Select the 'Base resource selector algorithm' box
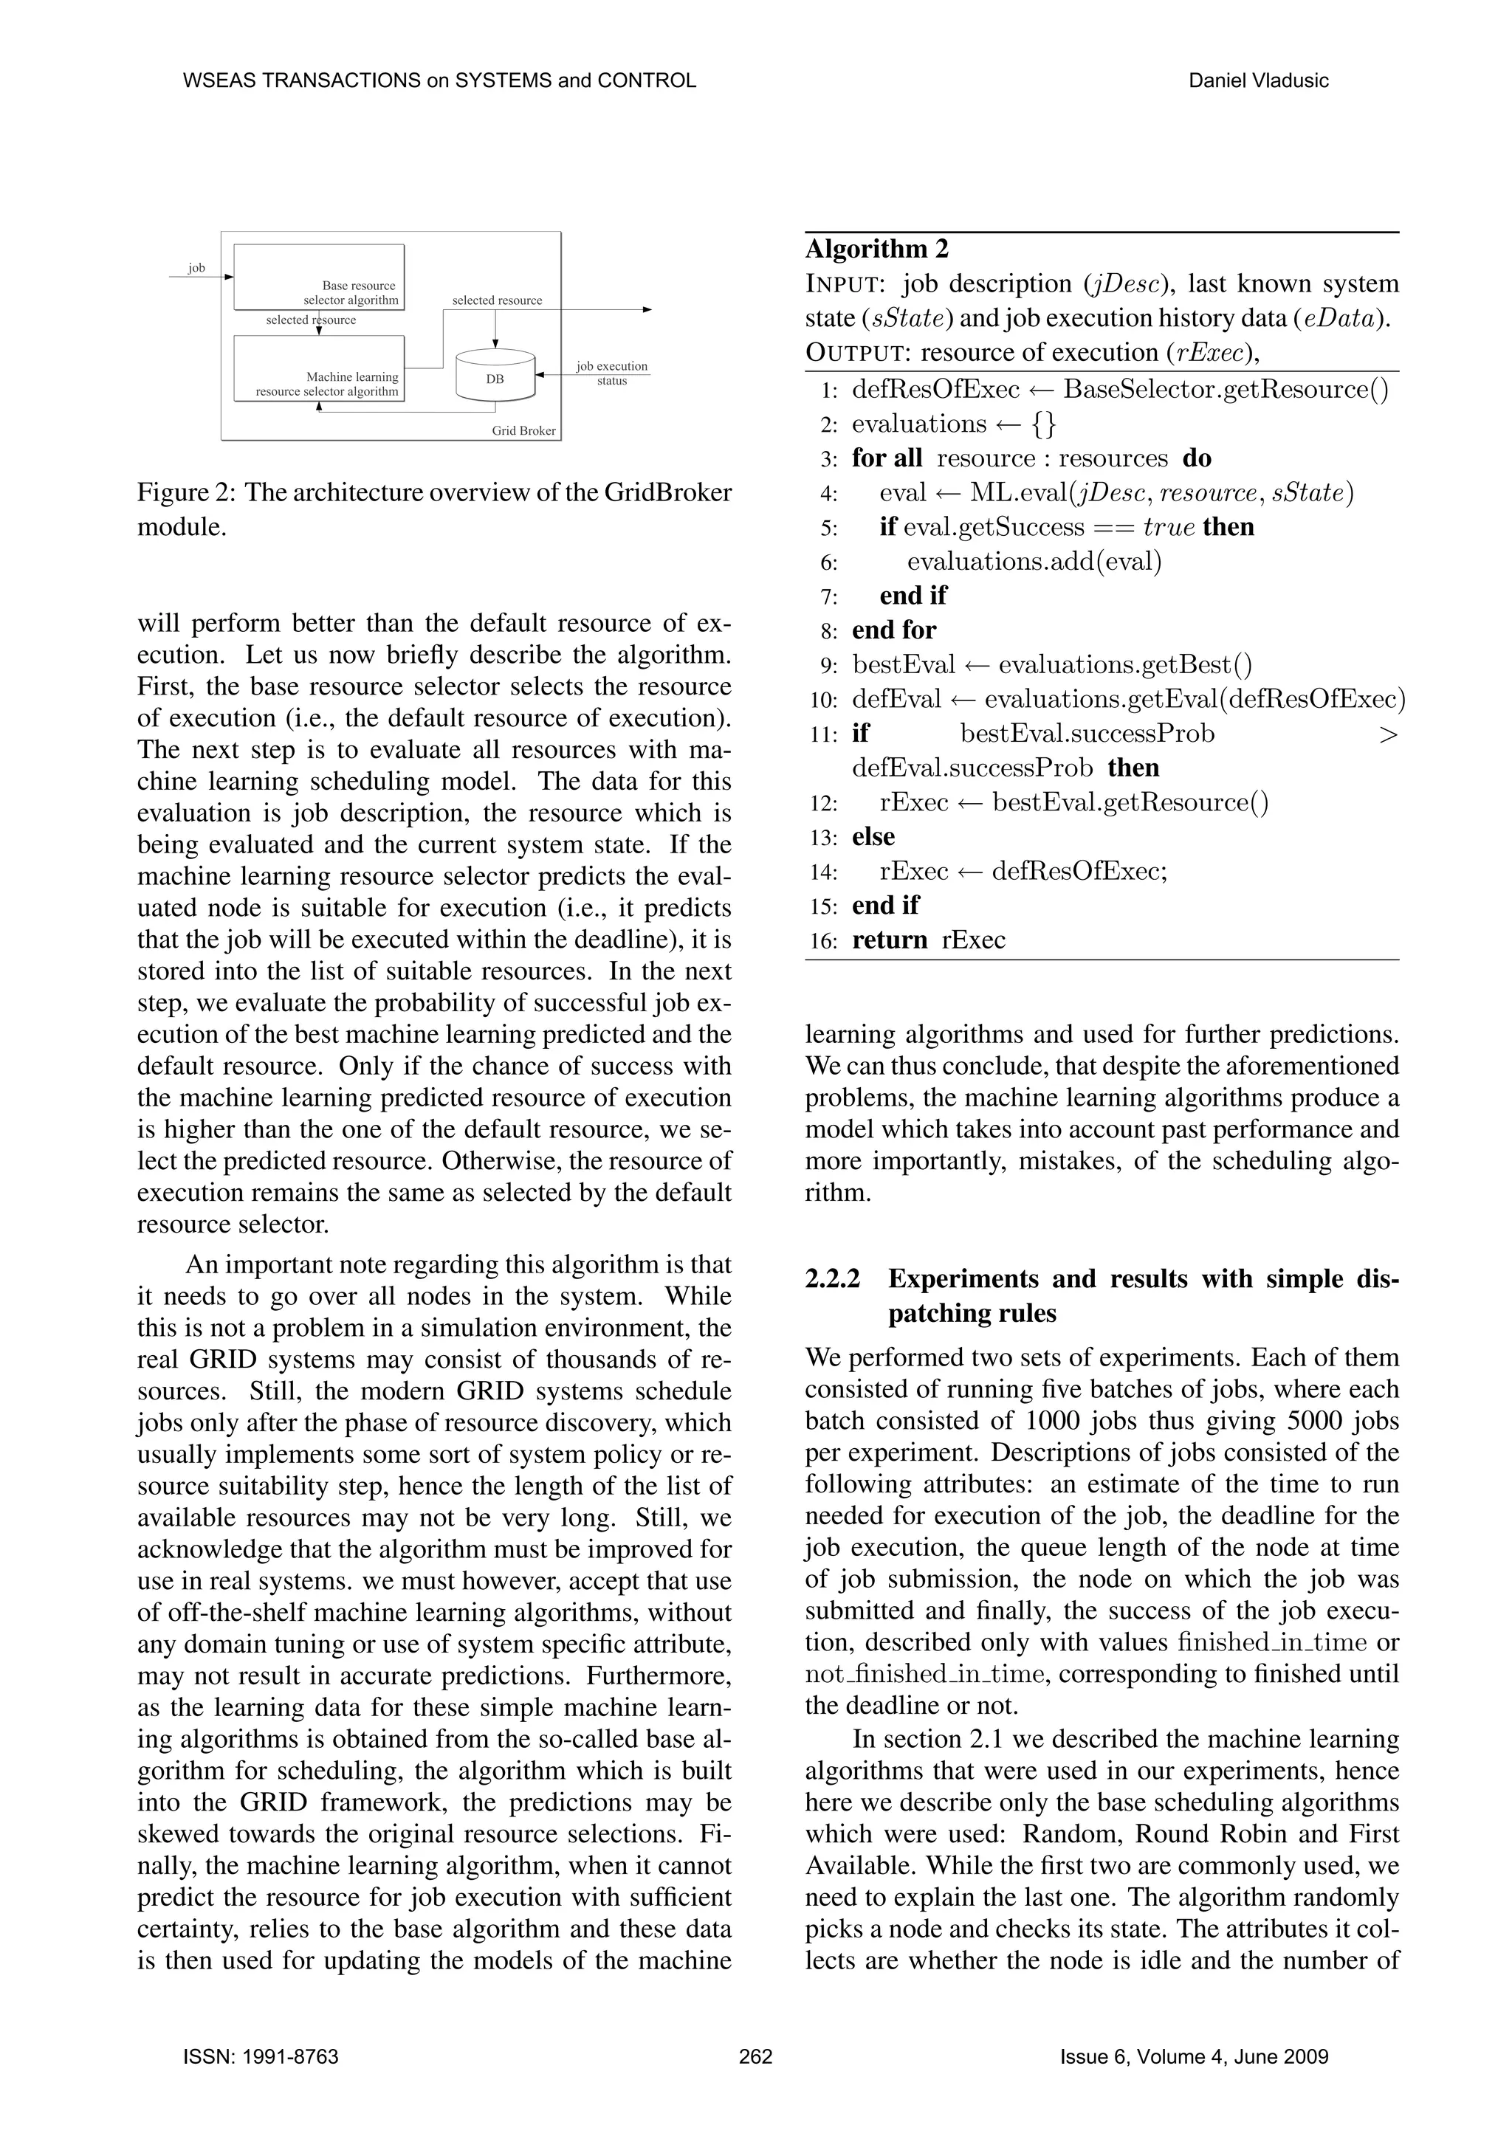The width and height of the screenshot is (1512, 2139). point(319,277)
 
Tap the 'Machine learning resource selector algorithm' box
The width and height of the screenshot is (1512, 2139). point(319,368)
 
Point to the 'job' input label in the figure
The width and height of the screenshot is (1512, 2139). point(196,269)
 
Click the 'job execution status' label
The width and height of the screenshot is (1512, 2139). point(611,373)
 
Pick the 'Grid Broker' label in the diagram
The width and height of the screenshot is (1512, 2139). point(523,430)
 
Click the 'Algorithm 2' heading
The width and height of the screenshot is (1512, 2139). point(876,249)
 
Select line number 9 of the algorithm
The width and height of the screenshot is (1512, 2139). point(829,666)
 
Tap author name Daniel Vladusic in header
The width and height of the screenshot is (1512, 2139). point(1259,81)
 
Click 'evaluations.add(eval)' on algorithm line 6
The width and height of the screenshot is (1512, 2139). point(1034,562)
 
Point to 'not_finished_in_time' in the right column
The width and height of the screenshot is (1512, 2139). point(926,1674)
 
